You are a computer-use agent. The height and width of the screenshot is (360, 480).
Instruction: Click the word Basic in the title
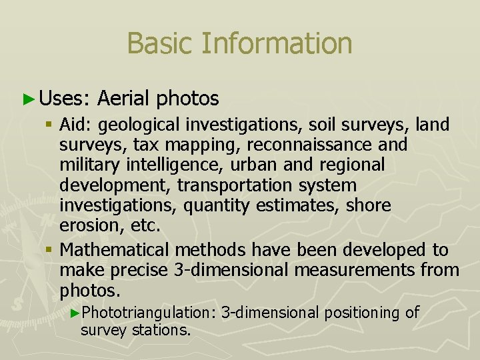tap(154, 43)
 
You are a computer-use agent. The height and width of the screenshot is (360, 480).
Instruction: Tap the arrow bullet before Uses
tap(28, 99)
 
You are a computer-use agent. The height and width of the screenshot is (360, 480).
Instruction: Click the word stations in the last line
tap(162, 330)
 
